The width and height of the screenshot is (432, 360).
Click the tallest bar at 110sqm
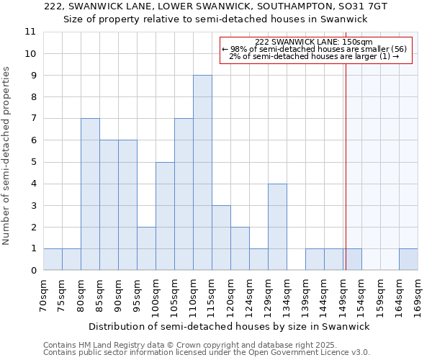pyautogui.click(x=202, y=173)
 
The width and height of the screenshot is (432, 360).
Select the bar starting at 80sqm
pyautogui.click(x=90, y=194)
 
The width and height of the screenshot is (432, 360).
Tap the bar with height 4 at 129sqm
pyautogui.click(x=277, y=227)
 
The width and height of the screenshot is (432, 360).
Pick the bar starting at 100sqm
pyautogui.click(x=165, y=216)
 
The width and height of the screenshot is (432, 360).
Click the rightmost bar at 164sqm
pyautogui.click(x=408, y=259)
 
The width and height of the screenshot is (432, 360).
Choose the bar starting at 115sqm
pyautogui.click(x=221, y=238)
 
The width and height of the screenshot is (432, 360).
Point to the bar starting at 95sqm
pyautogui.click(x=146, y=248)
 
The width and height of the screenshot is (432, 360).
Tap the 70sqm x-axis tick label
pyautogui.click(x=44, y=295)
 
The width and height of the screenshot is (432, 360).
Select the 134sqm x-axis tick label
pyautogui.click(x=287, y=295)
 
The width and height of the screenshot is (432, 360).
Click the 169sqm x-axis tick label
pyautogui.click(x=418, y=295)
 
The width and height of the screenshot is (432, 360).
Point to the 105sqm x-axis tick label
pyautogui.click(x=175, y=295)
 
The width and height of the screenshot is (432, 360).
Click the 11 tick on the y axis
pyautogui.click(x=30, y=32)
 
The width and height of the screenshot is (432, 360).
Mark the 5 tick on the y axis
pyautogui.click(x=32, y=162)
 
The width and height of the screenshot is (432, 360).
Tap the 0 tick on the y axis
pyautogui.click(x=32, y=271)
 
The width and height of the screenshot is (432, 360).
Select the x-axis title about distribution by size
pyautogui.click(x=230, y=326)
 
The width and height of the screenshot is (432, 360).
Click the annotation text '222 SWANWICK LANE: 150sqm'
pyautogui.click(x=314, y=42)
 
